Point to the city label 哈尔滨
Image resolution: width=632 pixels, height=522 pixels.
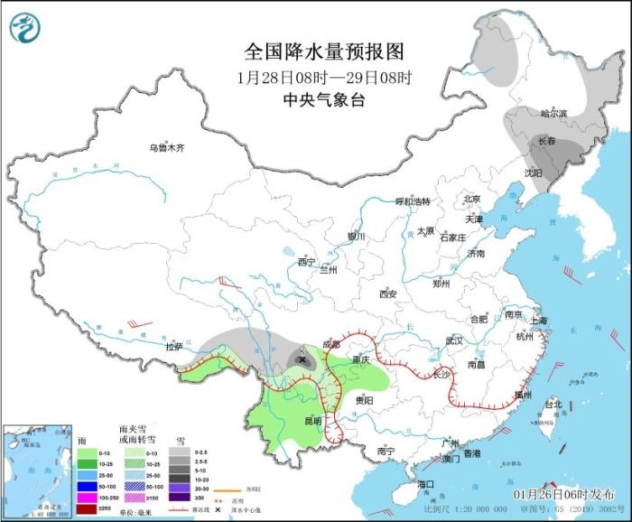click(x=553, y=114)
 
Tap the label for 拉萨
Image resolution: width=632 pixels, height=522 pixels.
click(x=173, y=346)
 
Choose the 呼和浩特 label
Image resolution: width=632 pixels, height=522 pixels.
click(x=414, y=201)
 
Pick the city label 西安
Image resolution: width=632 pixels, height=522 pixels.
click(x=388, y=294)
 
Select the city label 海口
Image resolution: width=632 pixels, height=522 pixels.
click(x=426, y=484)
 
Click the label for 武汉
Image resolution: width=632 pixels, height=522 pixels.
click(x=453, y=340)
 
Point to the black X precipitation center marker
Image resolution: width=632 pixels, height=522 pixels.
click(x=301, y=359)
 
